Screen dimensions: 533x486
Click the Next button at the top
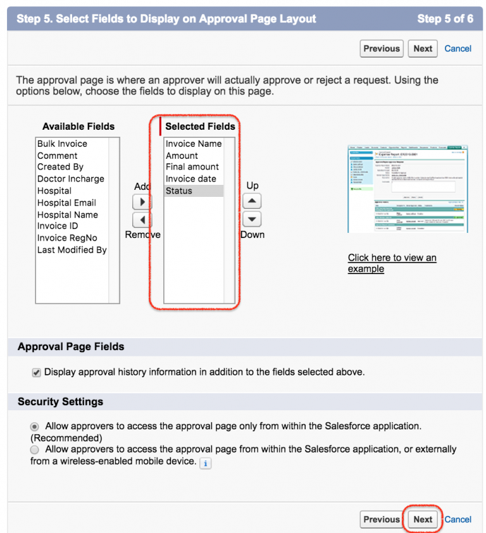(423, 49)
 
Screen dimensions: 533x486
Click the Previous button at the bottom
(382, 520)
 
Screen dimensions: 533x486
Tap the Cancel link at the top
(458, 49)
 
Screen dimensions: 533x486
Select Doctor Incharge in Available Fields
(70, 179)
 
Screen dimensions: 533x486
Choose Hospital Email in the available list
(66, 203)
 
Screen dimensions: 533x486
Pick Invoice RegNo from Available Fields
(67, 238)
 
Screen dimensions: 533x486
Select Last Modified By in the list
(72, 250)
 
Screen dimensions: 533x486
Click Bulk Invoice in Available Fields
(62, 144)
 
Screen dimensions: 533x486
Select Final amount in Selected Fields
(192, 167)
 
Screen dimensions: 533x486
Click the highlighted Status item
(179, 191)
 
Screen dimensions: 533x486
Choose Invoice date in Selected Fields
(190, 179)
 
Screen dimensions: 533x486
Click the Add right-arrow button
(142, 202)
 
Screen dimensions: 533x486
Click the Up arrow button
(252, 201)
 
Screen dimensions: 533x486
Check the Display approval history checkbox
(37, 373)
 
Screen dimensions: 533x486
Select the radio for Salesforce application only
(35, 427)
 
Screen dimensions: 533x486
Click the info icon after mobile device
(205, 463)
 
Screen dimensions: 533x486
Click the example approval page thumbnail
(408, 189)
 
